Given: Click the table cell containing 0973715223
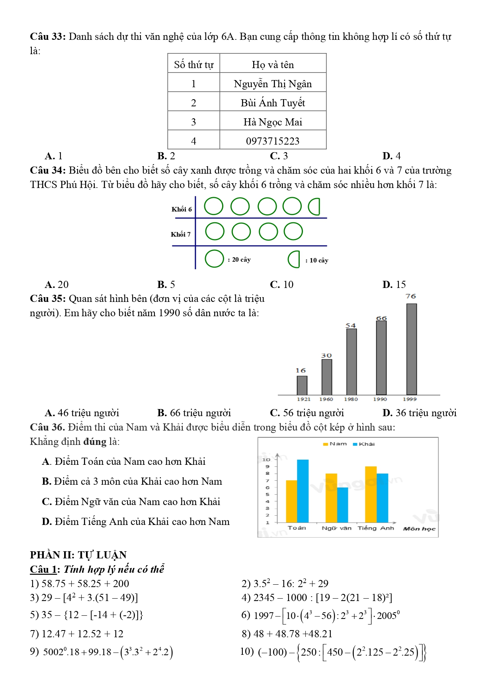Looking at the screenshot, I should pos(273,141).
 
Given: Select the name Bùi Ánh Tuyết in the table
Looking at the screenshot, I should pos(273,103).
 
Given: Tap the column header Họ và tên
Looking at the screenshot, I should pos(273,65).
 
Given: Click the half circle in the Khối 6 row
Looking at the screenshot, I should pos(314,206).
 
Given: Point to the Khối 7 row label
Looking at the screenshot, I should pos(181,234).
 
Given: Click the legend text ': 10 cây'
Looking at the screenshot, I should pos(317,260).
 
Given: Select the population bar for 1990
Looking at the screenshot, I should pos(381,357).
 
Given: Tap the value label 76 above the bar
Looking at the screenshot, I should pos(411,296).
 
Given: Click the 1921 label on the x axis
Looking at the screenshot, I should pos(303,399).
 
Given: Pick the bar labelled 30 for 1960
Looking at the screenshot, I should pos(326,377).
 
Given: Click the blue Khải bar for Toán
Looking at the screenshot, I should pos(303,491).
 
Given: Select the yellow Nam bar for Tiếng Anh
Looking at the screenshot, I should pos(371,494).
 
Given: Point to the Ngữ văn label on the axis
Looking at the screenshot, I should pos(336,528).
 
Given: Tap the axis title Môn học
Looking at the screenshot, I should pos(419,529).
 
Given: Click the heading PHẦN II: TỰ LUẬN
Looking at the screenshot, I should pos(78,555).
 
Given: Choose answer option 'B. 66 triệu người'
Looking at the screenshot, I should pos(194,413).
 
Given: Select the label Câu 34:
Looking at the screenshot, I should pos(47,170).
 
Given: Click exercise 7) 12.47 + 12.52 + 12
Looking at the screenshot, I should pos(77,634).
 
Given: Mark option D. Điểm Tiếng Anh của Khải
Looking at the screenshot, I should pos(136,521).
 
